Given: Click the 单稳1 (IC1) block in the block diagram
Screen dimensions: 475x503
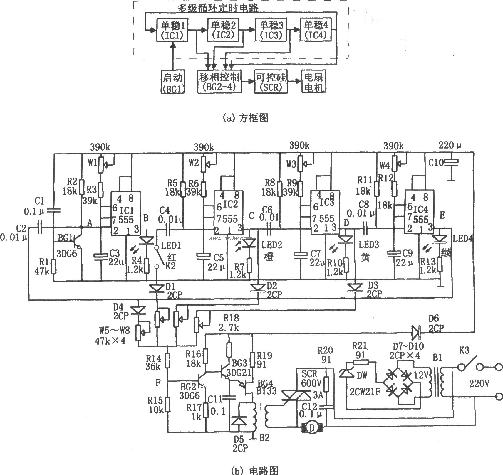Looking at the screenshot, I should point(172,30).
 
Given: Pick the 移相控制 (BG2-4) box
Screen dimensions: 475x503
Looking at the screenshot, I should point(219,82).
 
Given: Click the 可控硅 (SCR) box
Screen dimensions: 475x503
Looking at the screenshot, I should point(271,82).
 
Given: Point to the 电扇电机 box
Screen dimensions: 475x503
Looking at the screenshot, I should point(313,82).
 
